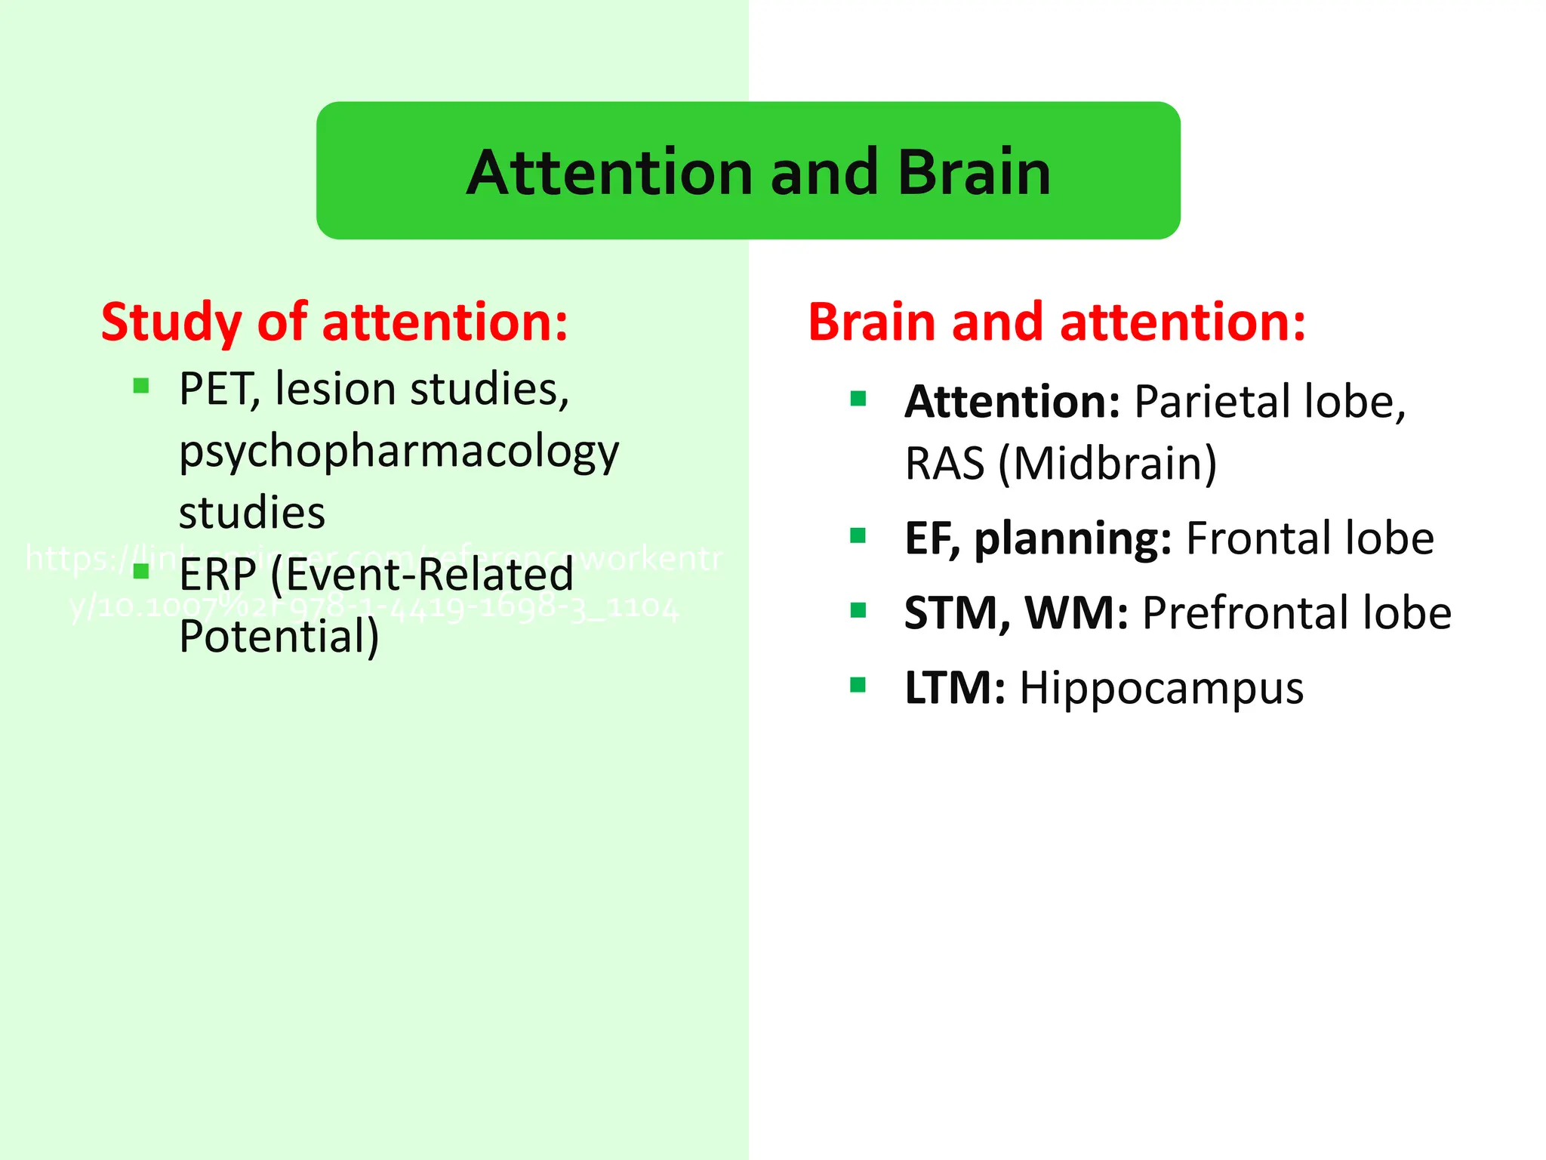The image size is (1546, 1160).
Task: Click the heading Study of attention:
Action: [x=334, y=322]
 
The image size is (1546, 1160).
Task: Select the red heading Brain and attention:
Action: [x=1056, y=322]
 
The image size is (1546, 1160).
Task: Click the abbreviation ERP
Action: [x=217, y=575]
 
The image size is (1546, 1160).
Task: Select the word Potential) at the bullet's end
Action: [x=279, y=637]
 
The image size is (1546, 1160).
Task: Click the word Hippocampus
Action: [x=1161, y=689]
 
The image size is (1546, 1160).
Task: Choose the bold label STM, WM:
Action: [x=1016, y=613]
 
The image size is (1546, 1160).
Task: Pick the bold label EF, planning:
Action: [x=1038, y=539]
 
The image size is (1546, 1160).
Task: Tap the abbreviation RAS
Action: [x=944, y=464]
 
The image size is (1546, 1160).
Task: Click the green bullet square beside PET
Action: [x=141, y=387]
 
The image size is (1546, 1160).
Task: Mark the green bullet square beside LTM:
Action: [x=858, y=685]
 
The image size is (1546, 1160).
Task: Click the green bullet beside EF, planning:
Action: [x=858, y=535]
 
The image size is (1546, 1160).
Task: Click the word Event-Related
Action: [x=421, y=575]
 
